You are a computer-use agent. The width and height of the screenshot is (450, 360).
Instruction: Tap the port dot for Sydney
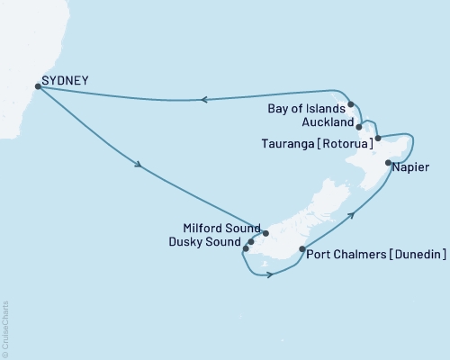pyautogui.click(x=37, y=87)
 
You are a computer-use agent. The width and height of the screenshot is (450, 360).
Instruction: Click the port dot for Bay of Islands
pyautogui.click(x=351, y=105)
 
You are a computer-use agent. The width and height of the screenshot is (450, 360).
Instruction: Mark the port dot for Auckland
pyautogui.click(x=359, y=127)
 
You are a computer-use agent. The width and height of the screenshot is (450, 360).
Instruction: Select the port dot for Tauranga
pyautogui.click(x=378, y=138)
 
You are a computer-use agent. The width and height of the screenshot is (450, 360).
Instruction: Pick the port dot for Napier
pyautogui.click(x=388, y=163)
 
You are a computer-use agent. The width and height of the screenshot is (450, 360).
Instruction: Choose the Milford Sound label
pyautogui.click(x=220, y=228)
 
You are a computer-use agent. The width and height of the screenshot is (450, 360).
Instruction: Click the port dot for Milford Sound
pyautogui.click(x=265, y=233)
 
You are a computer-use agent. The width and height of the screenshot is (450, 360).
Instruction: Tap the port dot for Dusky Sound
pyautogui.click(x=251, y=241)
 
